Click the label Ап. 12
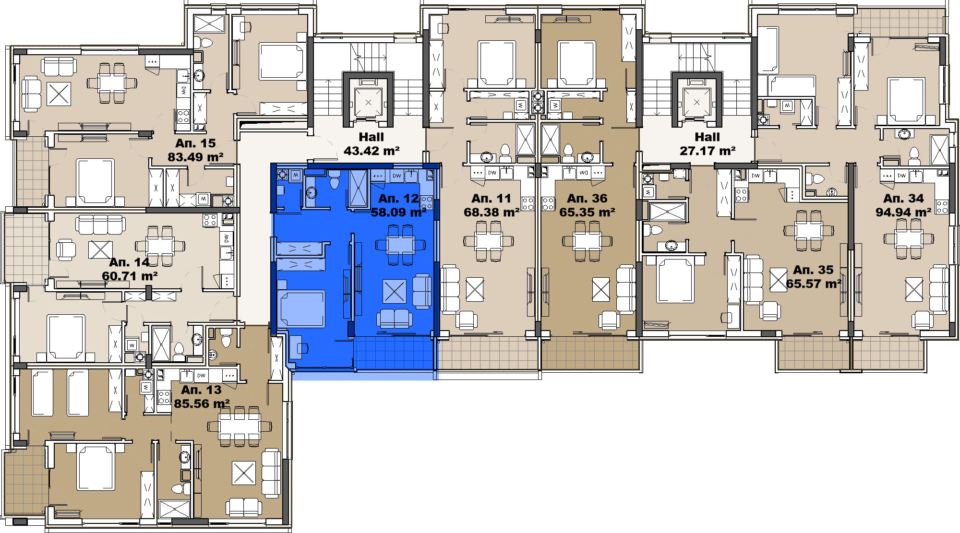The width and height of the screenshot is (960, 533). point(398,198)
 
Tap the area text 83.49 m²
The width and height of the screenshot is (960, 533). point(195,157)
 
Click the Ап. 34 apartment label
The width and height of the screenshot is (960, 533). point(903,198)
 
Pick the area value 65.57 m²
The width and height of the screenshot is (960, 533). point(814,284)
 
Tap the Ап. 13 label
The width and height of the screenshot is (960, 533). point(201,390)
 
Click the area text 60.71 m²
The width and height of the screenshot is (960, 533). point(130,276)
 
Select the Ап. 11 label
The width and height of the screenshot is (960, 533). point(491,198)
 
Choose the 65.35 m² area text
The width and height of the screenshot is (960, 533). point(587,212)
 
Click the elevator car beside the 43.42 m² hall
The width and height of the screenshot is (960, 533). point(368,102)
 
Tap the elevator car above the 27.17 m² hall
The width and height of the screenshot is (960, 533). point(696,102)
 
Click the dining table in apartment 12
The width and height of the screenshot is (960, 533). point(400,245)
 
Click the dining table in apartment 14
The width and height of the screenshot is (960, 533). point(160,246)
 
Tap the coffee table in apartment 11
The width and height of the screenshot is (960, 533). point(475,289)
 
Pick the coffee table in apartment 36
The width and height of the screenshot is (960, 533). point(601,289)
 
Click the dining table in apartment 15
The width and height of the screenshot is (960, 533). point(112,83)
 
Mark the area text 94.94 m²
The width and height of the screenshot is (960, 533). point(903,212)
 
